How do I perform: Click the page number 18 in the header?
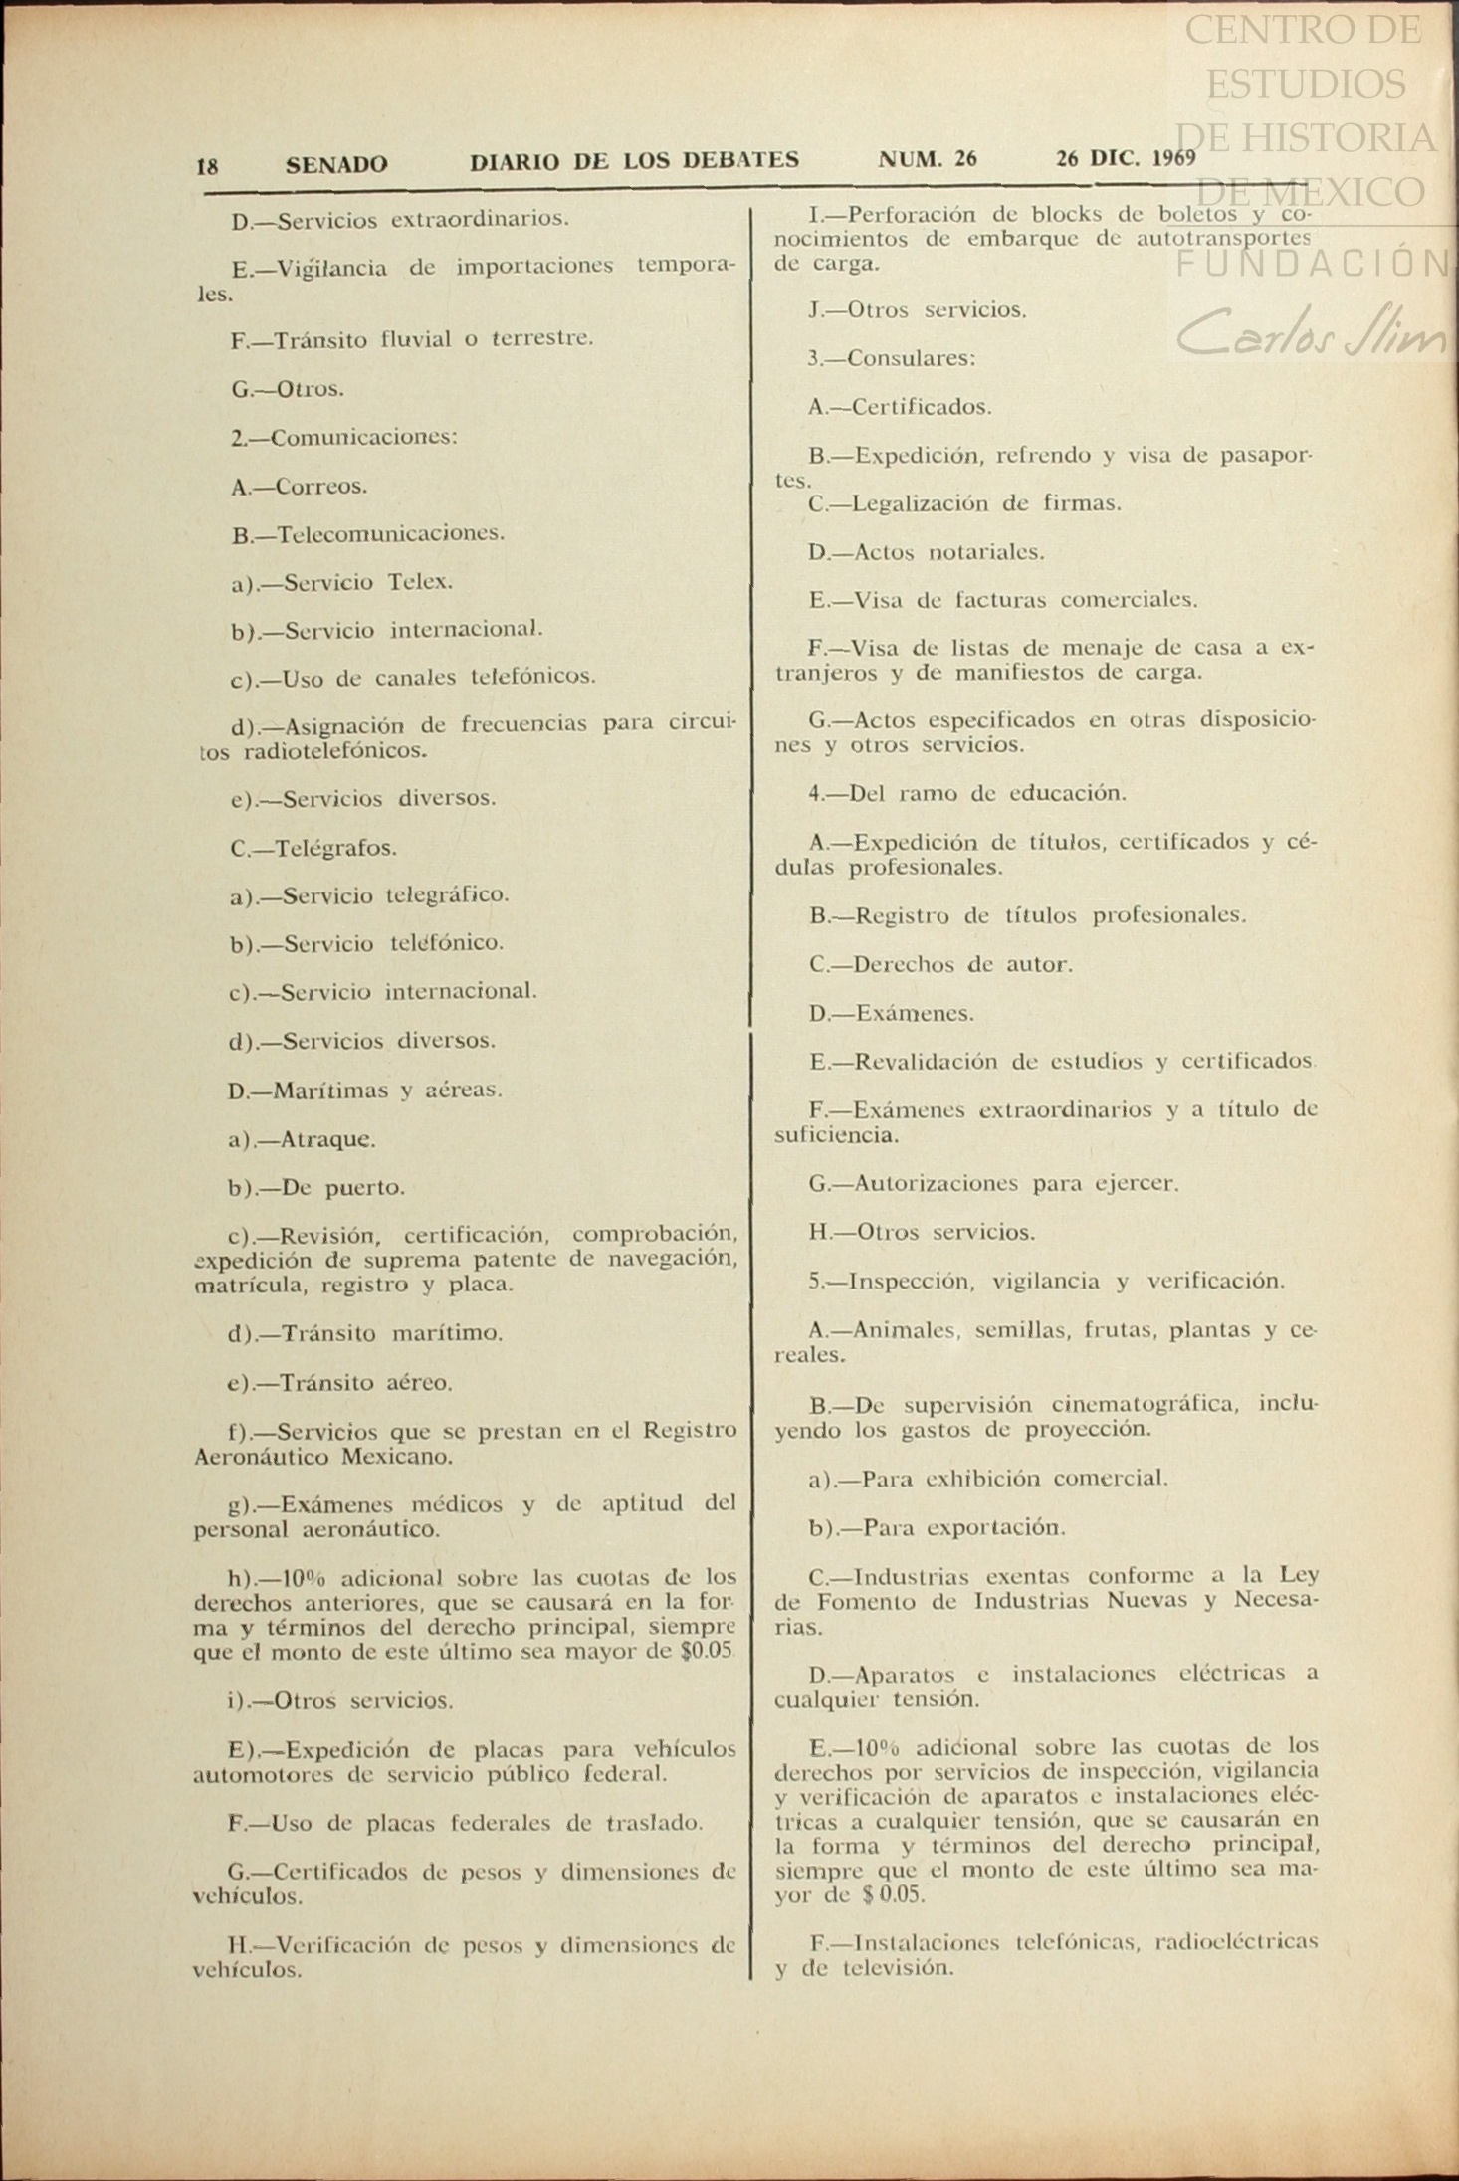tap(207, 166)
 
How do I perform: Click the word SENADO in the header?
tap(336, 164)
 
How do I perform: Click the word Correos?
tap(320, 487)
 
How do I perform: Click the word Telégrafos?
tap(335, 849)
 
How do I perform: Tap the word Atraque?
tap(327, 1140)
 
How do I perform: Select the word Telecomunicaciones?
tap(390, 534)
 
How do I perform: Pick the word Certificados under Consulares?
tap(922, 407)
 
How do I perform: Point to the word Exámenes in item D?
tap(914, 1014)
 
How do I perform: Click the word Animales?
tap(906, 1331)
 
